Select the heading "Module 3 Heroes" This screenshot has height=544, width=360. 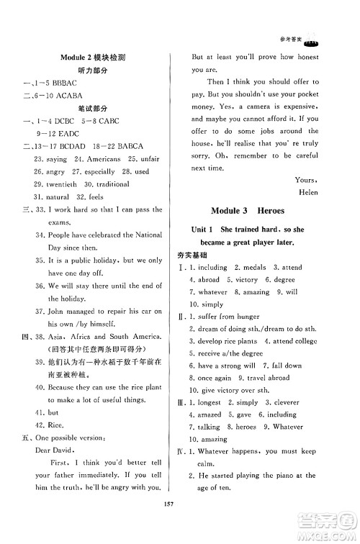pos(250,210)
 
